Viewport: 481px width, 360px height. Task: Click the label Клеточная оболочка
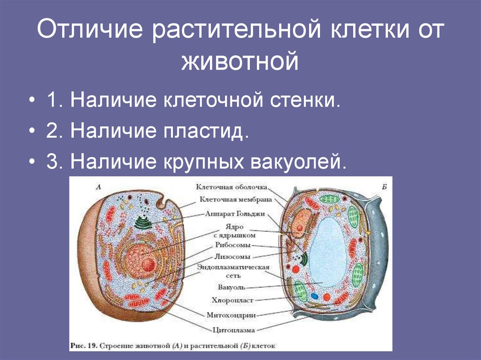[232, 187]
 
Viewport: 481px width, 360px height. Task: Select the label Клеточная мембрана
[235, 199]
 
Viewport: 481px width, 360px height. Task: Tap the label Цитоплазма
[233, 330]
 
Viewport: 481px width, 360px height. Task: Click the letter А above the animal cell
[98, 187]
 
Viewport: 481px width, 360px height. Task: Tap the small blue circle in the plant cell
[313, 296]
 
